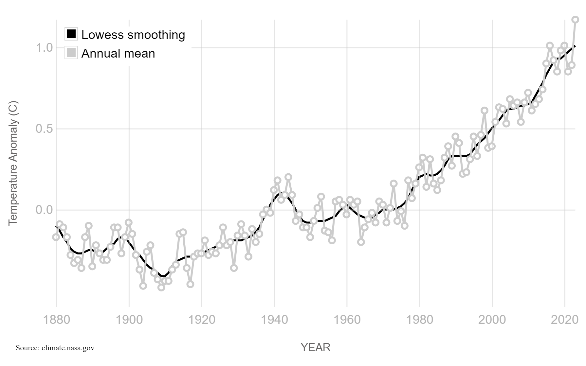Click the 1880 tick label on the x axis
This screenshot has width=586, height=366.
click(56, 319)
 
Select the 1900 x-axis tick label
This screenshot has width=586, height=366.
click(129, 319)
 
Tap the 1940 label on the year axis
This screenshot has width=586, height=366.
click(274, 319)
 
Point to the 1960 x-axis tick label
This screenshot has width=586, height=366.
click(347, 319)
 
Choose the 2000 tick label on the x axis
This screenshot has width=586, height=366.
click(492, 319)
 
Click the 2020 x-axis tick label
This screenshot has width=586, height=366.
click(565, 319)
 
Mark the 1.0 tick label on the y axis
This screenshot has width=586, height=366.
click(44, 48)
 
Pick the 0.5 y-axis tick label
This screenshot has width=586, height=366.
click(44, 129)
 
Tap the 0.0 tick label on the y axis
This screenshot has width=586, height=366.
click(44, 210)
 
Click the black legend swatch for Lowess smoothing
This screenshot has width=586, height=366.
click(71, 34)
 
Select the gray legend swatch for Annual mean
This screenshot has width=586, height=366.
click(71, 53)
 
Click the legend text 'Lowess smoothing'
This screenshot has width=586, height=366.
click(133, 35)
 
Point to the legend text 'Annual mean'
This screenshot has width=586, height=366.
click(118, 54)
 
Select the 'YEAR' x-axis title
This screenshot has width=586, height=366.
click(316, 347)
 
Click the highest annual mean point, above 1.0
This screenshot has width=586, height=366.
click(575, 20)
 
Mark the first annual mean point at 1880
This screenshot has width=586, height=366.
click(56, 237)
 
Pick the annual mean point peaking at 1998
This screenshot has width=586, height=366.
click(485, 111)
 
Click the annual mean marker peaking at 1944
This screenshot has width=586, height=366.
click(288, 177)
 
